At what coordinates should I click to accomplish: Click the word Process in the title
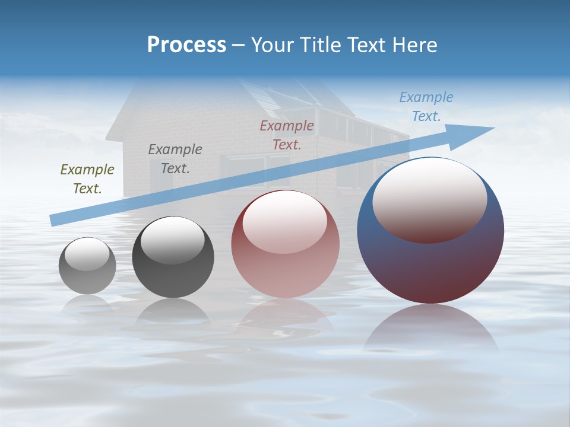point(186,45)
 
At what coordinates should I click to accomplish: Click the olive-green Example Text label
point(87,179)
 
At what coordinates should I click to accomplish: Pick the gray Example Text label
point(175,159)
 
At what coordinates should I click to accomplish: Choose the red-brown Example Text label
point(287,135)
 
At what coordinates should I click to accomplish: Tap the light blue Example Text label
point(426,107)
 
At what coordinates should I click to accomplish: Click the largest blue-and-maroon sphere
point(430,267)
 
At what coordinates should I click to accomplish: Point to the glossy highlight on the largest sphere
point(430,199)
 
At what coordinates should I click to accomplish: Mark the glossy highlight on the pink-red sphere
point(285,221)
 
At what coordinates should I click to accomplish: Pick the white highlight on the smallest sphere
point(87,254)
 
